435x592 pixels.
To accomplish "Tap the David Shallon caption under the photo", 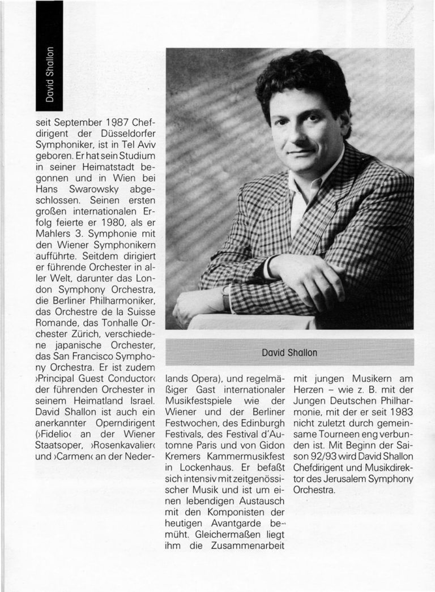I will (x=289, y=353).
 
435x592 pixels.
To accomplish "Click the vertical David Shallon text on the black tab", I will (x=50, y=74).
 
